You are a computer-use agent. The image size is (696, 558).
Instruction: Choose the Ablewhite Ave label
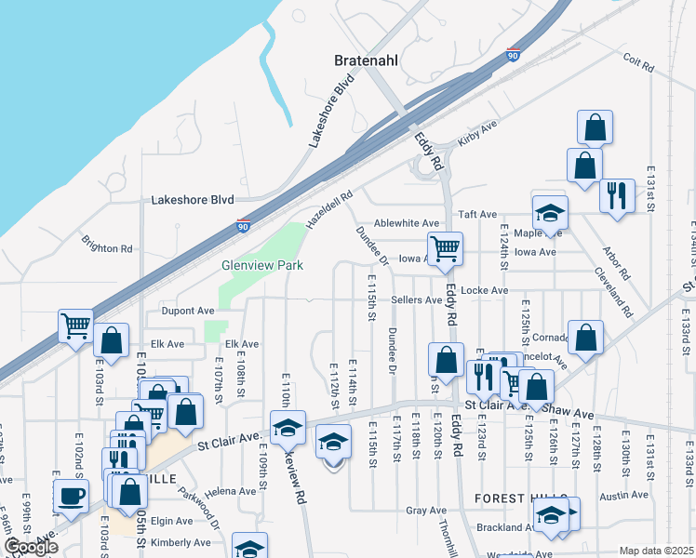click(406, 223)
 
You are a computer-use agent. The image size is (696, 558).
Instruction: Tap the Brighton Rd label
click(106, 248)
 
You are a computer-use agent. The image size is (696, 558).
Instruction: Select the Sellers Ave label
click(416, 299)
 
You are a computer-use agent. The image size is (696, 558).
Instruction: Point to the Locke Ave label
click(485, 290)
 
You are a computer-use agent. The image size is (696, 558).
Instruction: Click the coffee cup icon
click(71, 496)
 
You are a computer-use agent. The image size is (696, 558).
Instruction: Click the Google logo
click(30, 547)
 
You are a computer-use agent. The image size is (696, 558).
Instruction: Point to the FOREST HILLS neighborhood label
click(514, 498)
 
